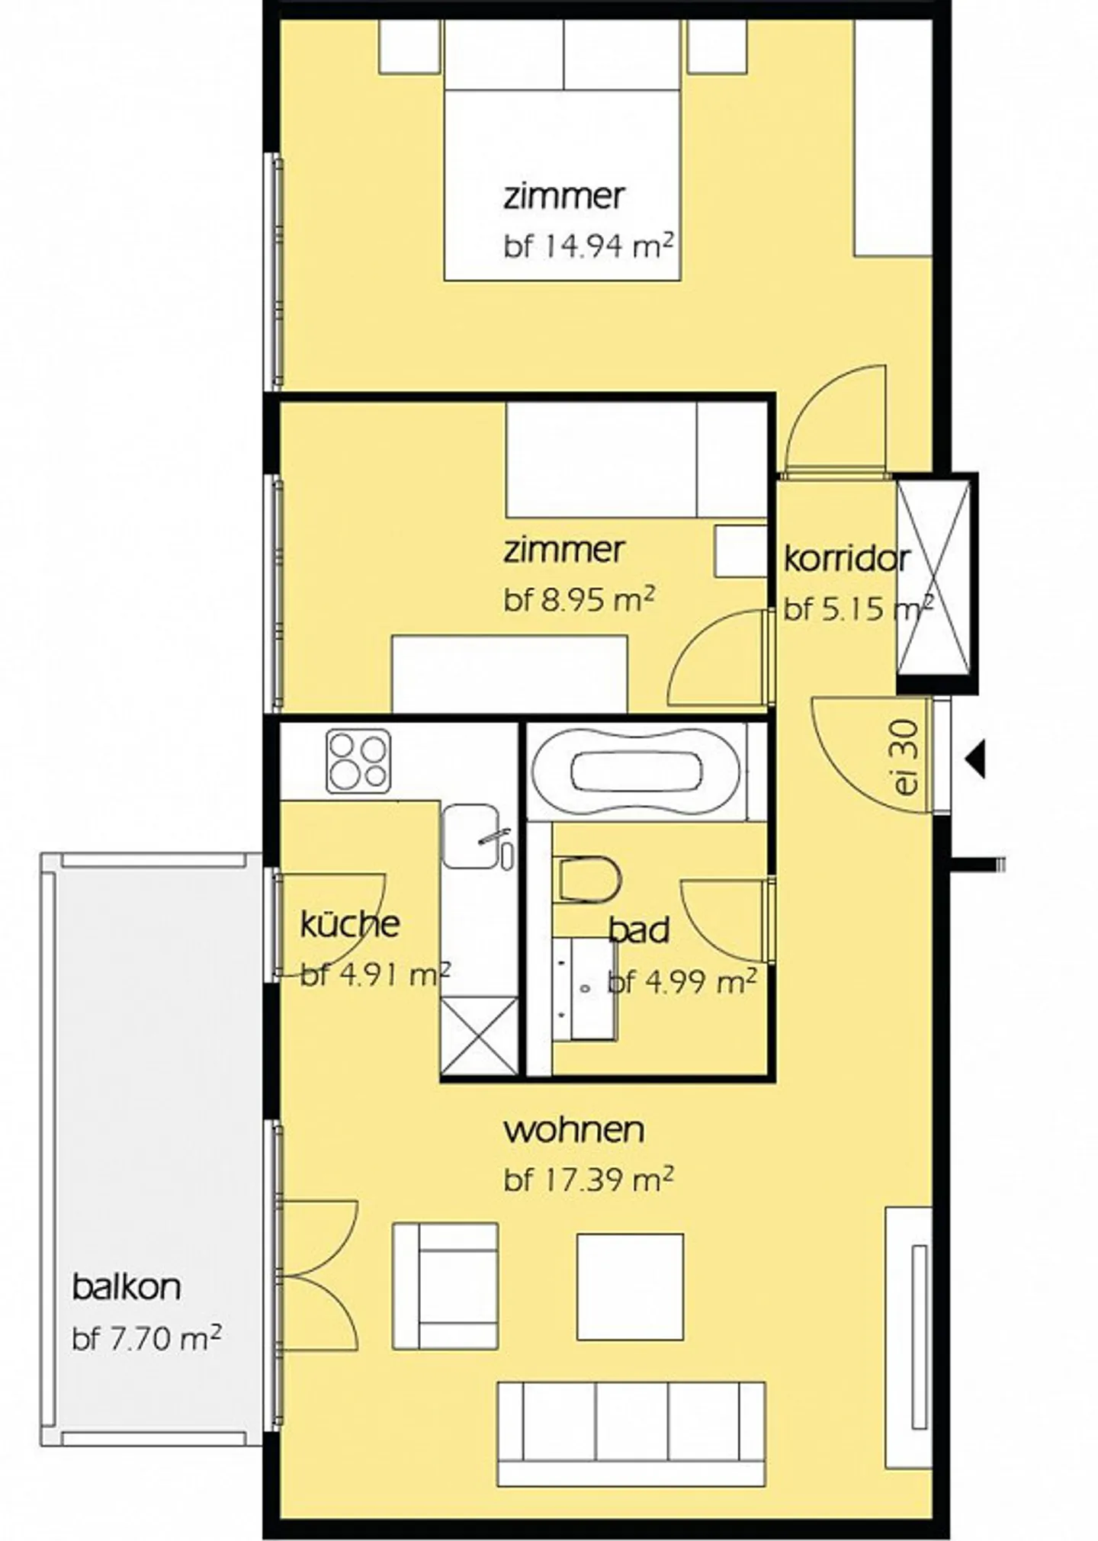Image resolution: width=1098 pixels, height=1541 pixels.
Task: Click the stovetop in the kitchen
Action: (358, 761)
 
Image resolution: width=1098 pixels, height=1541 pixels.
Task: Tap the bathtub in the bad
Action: (637, 772)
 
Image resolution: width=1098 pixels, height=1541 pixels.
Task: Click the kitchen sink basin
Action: (470, 836)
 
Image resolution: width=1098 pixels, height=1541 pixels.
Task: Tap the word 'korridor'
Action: (846, 559)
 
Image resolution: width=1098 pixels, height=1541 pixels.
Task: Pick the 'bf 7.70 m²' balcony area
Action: (147, 1338)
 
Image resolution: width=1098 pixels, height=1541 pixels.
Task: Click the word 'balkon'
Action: (127, 1287)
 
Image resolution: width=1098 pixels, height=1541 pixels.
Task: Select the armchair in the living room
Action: (445, 1286)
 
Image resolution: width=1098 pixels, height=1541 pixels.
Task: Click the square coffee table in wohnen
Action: (630, 1286)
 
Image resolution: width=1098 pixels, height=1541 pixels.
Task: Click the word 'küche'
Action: (350, 924)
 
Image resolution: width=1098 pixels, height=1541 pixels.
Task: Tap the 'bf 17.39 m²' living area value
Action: (589, 1180)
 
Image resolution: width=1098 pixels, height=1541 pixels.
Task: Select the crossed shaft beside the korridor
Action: (936, 578)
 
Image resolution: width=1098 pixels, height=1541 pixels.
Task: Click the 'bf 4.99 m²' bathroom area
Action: (682, 981)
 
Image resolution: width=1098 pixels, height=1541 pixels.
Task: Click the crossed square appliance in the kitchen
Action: (480, 1035)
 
